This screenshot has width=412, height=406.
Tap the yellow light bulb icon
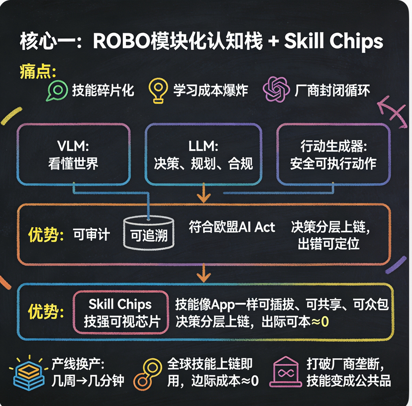[x=158, y=91]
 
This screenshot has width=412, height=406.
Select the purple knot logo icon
[x=276, y=90]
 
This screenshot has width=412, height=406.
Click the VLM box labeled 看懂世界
[x=74, y=154]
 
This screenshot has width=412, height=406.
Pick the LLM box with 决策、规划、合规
[x=203, y=154]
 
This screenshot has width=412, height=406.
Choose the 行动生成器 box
[x=333, y=154]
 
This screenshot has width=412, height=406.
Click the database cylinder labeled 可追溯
[x=149, y=233]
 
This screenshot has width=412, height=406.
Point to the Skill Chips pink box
[x=120, y=312]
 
